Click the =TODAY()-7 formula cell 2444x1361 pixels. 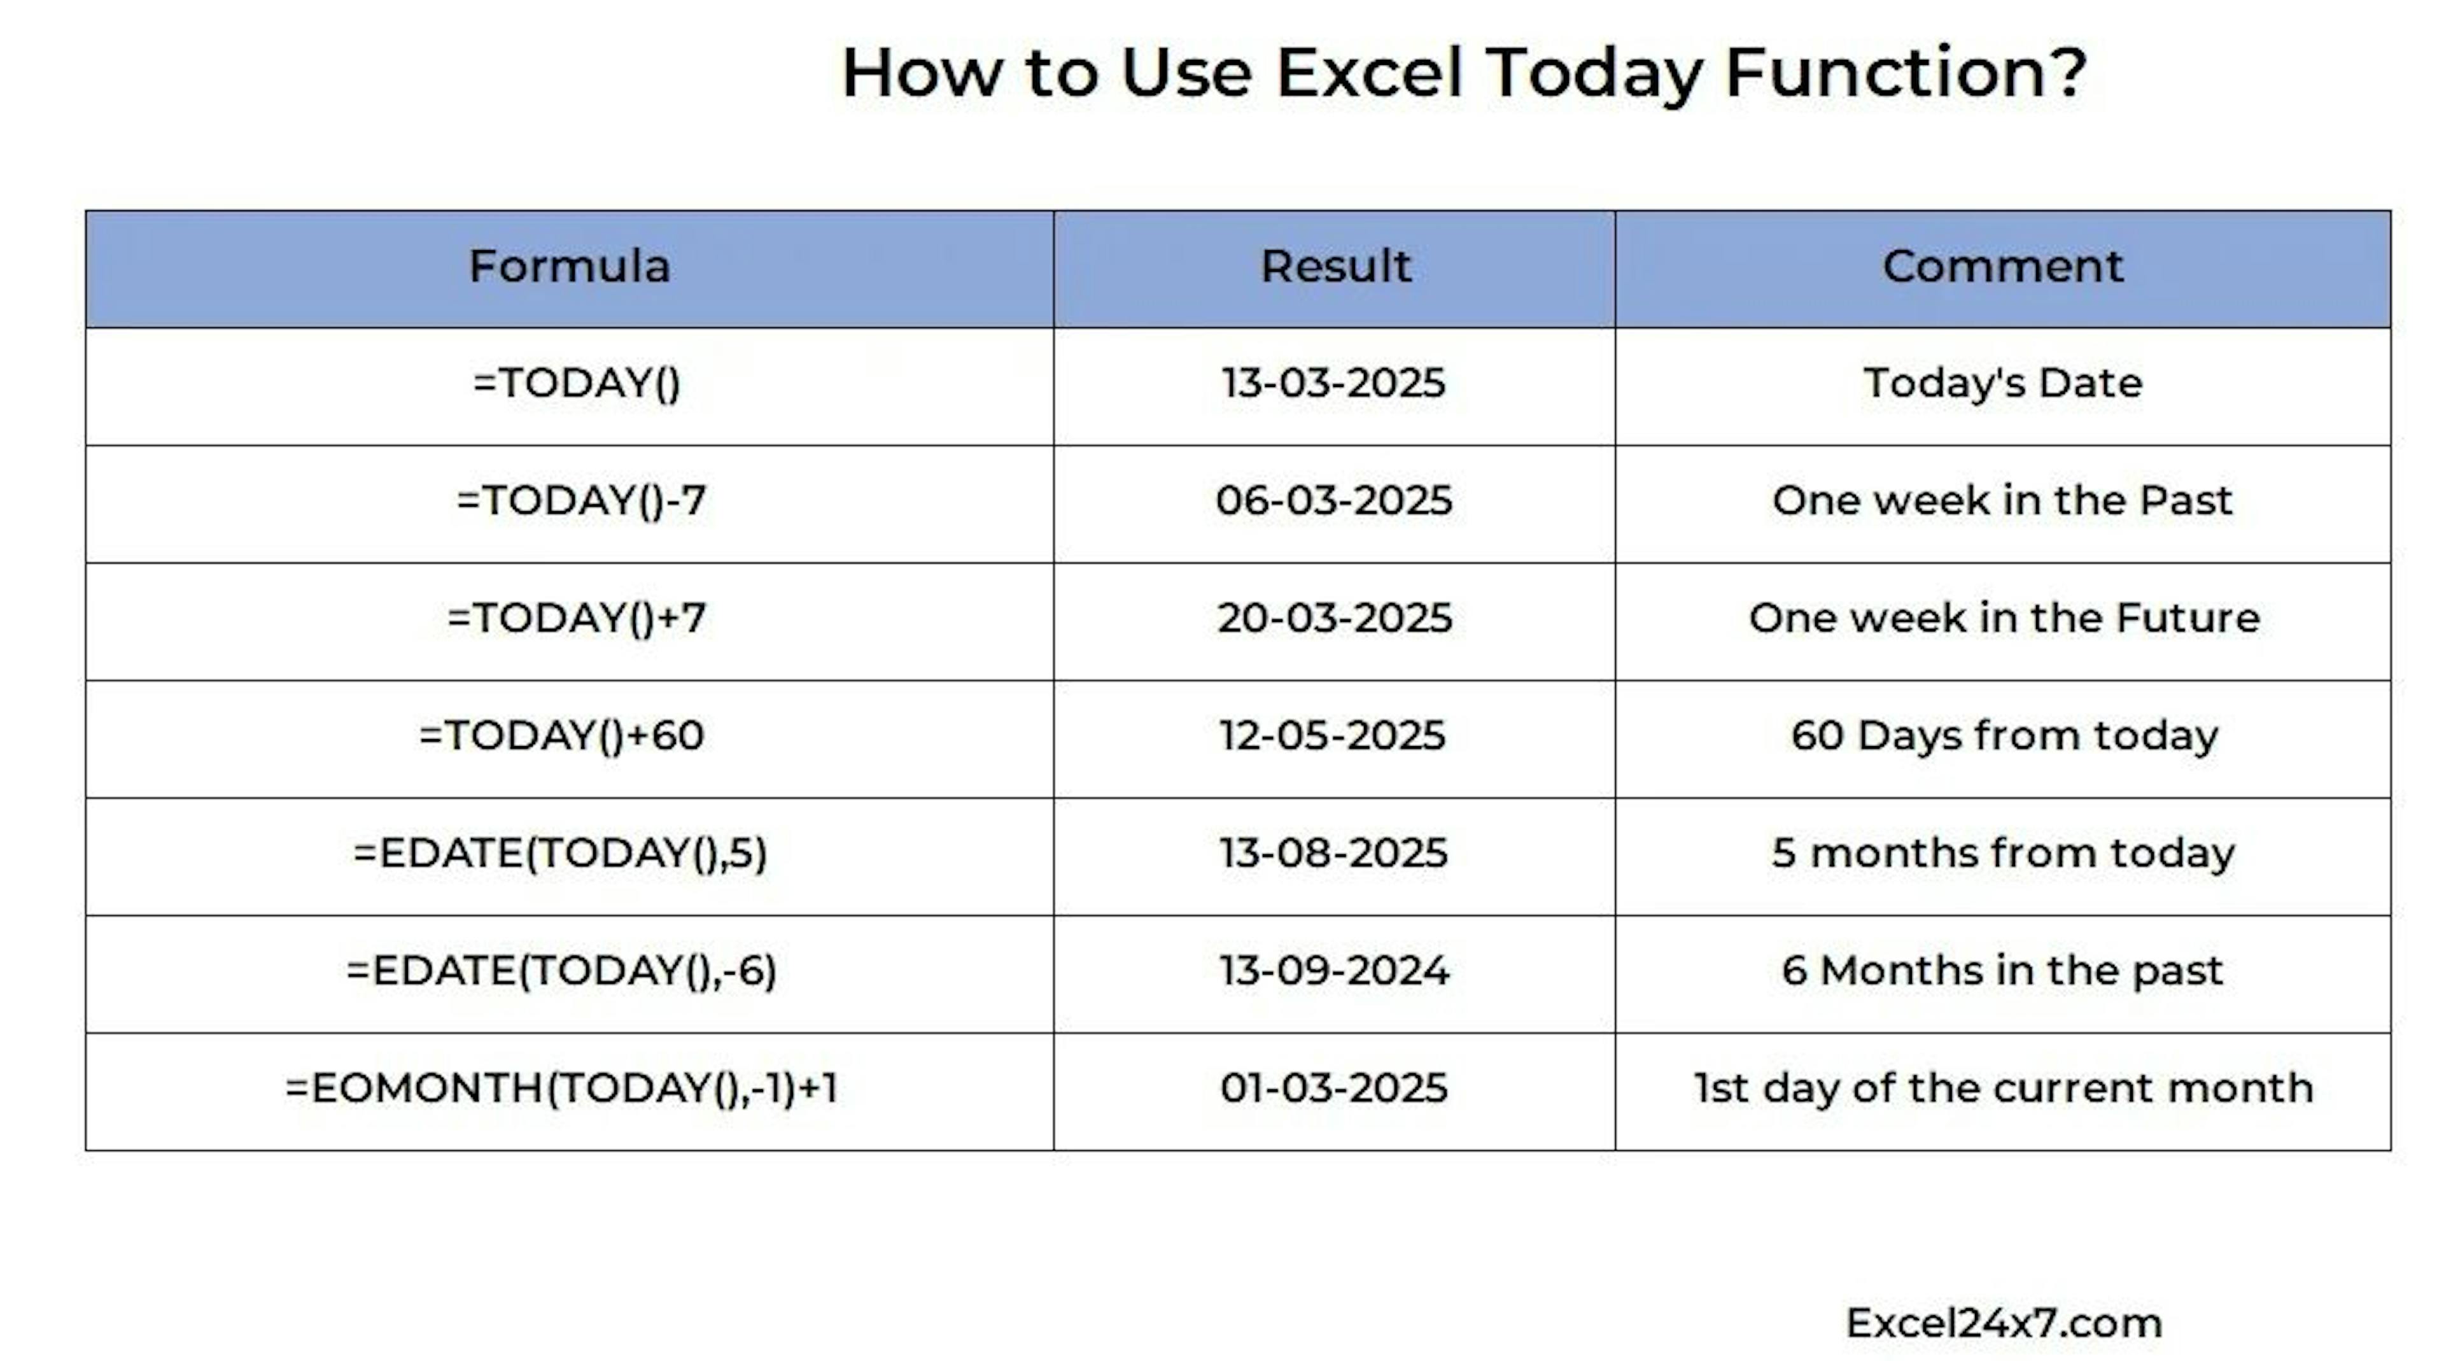tap(580, 501)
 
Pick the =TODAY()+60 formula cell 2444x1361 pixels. tap(561, 735)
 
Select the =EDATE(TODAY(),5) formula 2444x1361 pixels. tap(560, 853)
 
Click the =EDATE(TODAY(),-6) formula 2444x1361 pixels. tap(561, 971)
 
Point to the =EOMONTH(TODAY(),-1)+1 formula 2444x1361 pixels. tap(561, 1088)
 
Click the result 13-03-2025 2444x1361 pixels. tap(1333, 383)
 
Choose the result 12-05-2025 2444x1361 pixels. tap(1333, 735)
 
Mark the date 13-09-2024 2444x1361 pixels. tap(1334, 971)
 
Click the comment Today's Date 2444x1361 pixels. tap(2003, 383)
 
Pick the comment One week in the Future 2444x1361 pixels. tap(2004, 618)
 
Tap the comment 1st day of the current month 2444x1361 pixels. tap(2004, 1089)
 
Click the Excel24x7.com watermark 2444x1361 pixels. tap(2004, 1323)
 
